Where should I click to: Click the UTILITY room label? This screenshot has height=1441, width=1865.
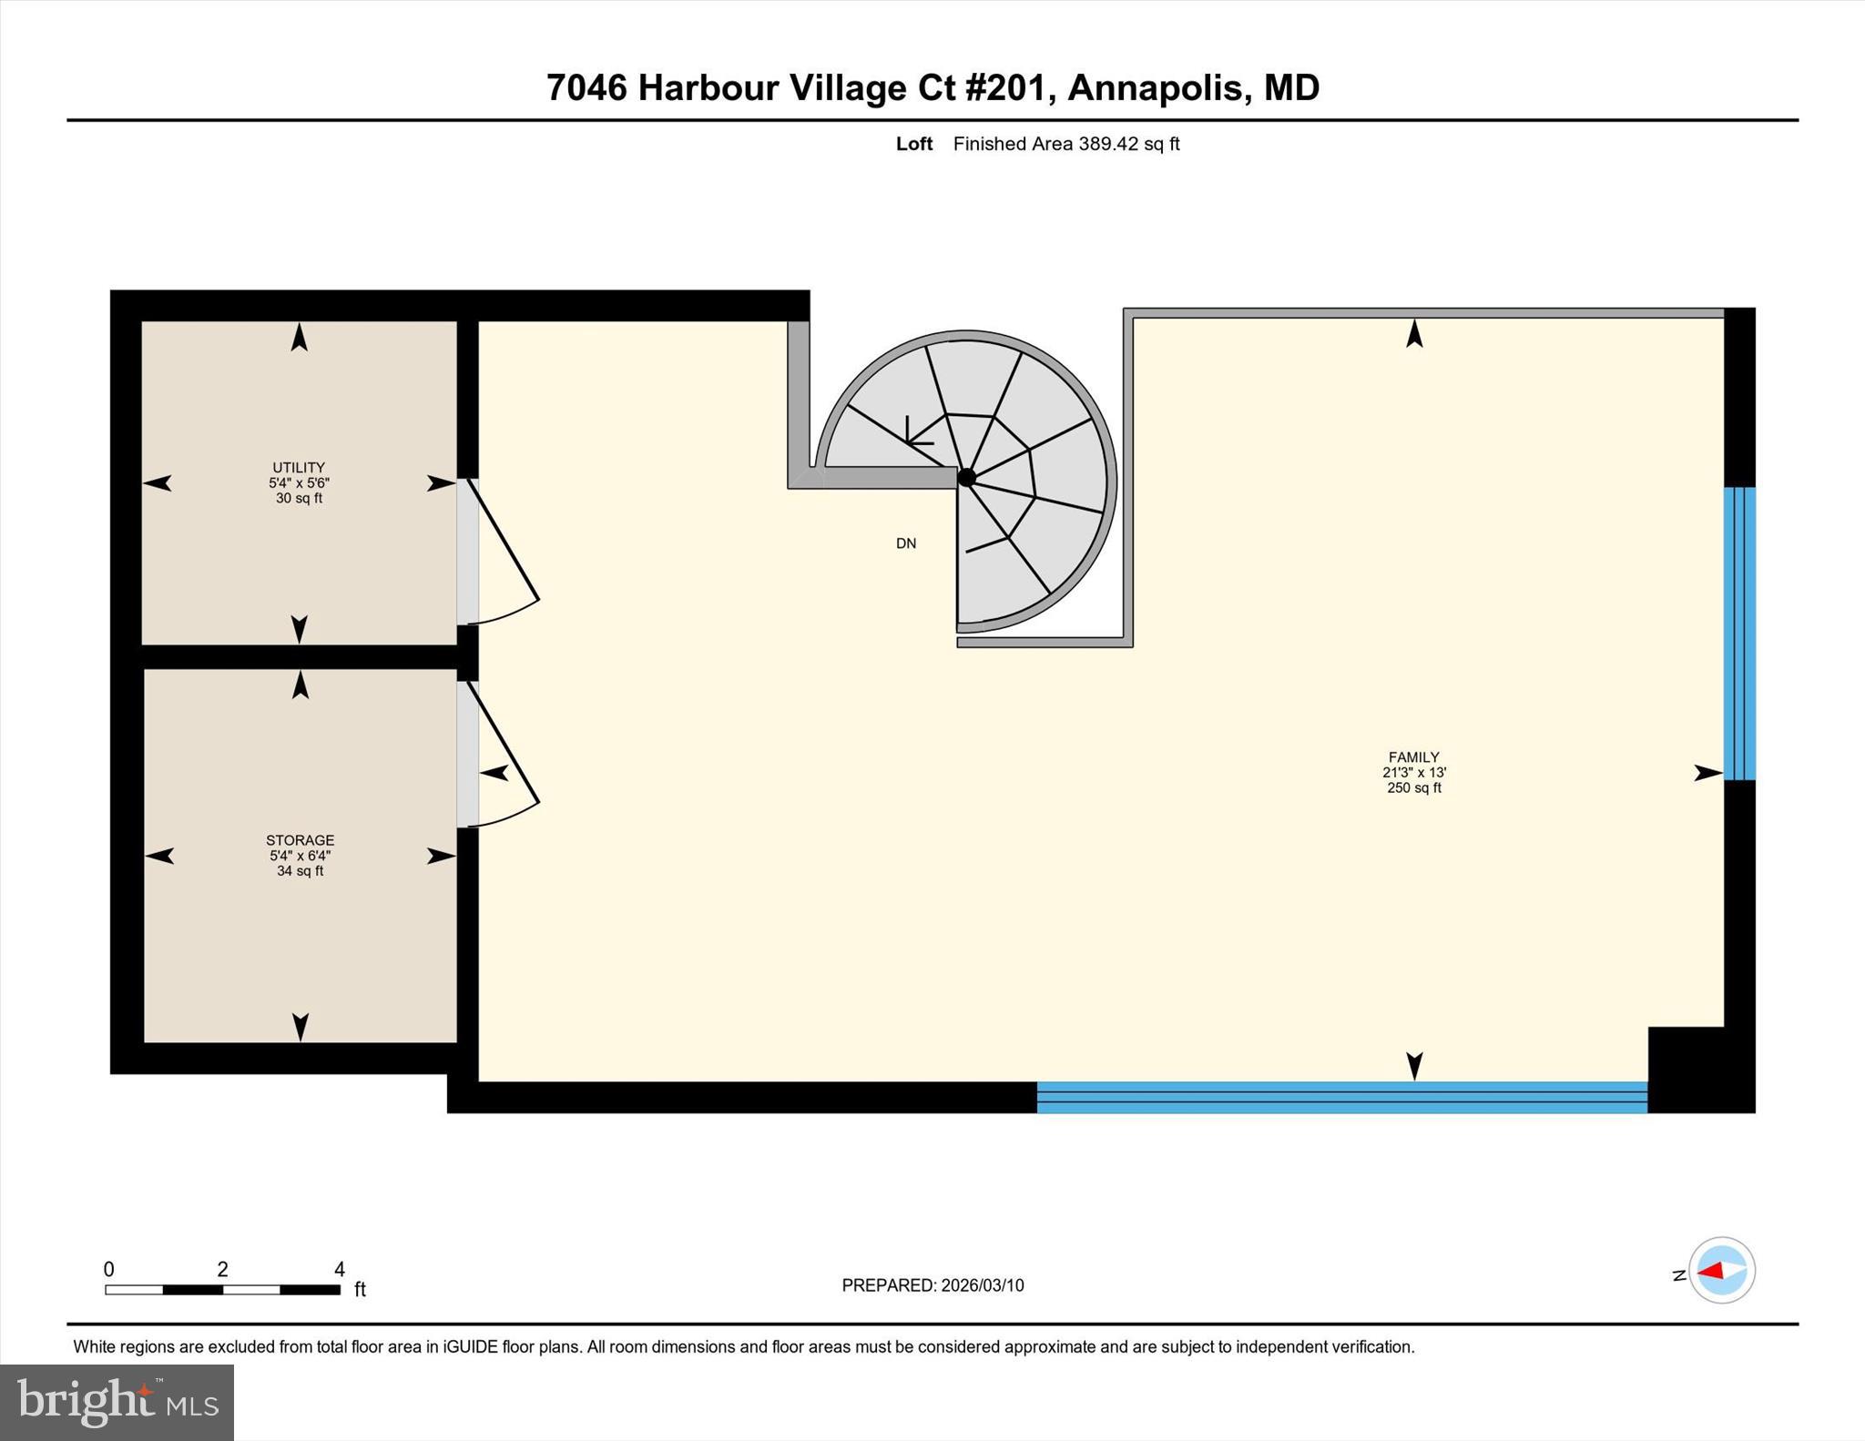[x=298, y=468]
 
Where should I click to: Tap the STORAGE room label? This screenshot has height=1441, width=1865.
[x=300, y=840]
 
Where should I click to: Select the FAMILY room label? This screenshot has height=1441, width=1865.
[x=1413, y=757]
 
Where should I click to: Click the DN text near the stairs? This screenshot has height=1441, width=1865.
[x=905, y=543]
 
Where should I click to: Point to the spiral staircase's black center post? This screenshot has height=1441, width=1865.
[x=966, y=477]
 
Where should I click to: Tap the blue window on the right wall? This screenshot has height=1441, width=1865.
[x=1739, y=634]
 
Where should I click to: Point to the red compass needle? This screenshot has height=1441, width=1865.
[x=1711, y=1271]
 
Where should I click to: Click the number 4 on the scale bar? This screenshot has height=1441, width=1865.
[x=339, y=1269]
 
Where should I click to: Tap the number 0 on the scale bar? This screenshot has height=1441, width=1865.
[x=109, y=1269]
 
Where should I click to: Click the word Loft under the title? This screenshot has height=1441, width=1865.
[x=913, y=144]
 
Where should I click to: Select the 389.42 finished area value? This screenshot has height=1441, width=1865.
[x=1108, y=144]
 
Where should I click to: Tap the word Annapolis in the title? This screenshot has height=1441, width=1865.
[x=1155, y=88]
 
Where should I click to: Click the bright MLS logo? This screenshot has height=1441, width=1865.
[x=117, y=1402]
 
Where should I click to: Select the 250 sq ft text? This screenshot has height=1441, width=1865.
[x=1413, y=788]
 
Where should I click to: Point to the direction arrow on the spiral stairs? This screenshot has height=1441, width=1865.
[x=918, y=435]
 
